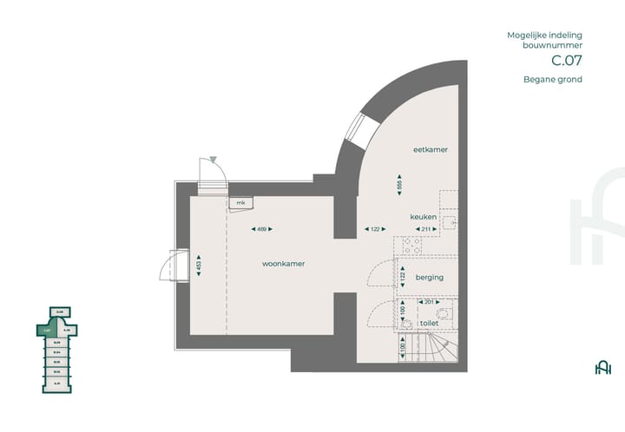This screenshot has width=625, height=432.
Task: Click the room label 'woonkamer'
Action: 284,263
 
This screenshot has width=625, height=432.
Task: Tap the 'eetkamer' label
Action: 430,150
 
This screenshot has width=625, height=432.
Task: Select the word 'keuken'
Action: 424,216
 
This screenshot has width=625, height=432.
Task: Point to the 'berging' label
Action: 430,278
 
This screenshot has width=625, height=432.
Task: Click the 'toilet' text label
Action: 430,323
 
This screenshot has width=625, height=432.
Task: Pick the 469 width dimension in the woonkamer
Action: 261,229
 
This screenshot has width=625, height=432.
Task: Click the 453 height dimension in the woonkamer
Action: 200,264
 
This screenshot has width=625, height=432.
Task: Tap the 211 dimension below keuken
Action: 425,229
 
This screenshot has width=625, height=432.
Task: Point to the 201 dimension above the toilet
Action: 425,302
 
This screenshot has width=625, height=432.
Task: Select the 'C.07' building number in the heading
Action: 566,61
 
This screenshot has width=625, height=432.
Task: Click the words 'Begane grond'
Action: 552,80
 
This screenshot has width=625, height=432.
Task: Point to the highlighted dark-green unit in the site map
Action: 47,330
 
